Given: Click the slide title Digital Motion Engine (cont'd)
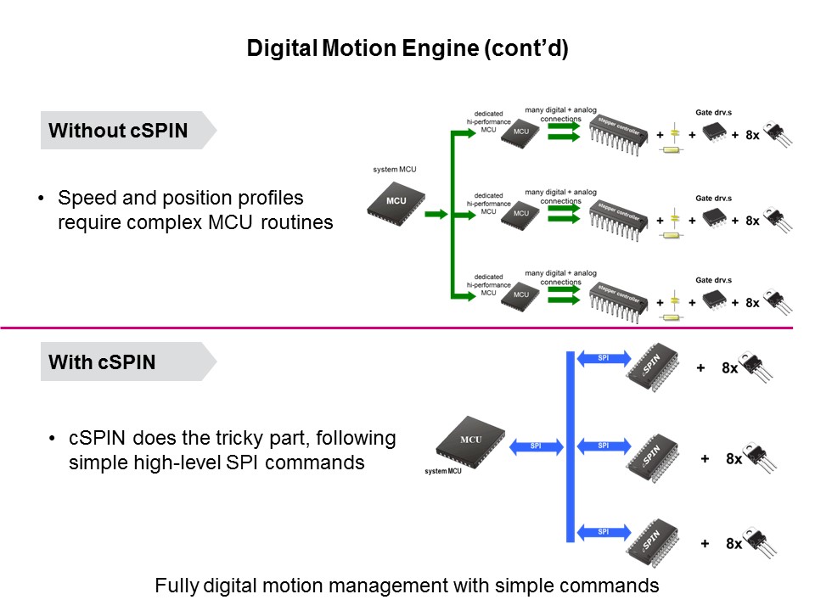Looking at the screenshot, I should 407,48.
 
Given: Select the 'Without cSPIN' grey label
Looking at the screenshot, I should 119,131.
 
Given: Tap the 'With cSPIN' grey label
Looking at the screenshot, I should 102,362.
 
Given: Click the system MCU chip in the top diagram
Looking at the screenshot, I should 396,202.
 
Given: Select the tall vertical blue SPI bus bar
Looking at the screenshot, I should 570,446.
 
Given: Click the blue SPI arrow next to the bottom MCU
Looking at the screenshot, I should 535,446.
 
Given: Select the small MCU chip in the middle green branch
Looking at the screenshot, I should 520,215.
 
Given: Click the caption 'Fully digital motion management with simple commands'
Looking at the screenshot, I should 407,586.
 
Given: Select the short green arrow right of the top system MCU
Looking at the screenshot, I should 436,215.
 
